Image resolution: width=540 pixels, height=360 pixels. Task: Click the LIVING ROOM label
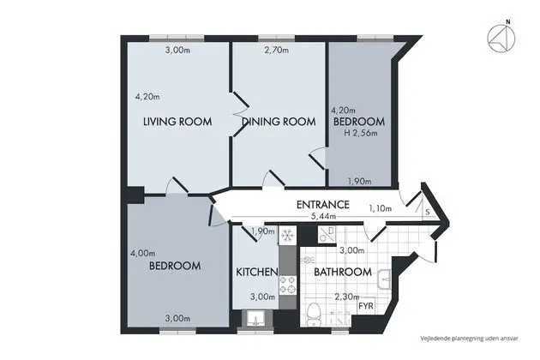[177, 122]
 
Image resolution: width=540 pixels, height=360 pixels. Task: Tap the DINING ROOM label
[279, 122]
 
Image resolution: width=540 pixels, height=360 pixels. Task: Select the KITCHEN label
[257, 273]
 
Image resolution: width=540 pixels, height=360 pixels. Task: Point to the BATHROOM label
[343, 273]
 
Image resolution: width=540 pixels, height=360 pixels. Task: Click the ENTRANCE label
[322, 205]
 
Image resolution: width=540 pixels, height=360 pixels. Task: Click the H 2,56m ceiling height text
[361, 133]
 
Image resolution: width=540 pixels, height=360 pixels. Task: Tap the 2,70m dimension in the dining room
[277, 51]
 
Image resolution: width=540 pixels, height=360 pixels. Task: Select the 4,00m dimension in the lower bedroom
[142, 254]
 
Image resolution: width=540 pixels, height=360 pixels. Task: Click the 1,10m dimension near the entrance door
[381, 208]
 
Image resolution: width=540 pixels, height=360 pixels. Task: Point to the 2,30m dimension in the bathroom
[347, 297]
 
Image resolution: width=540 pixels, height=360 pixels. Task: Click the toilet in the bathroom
[314, 314]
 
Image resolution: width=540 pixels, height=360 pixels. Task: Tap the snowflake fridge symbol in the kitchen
[287, 236]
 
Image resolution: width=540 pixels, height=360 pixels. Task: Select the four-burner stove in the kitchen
[287, 285]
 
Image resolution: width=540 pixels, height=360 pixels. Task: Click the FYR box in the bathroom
[366, 306]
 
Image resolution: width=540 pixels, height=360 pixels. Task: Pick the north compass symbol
[501, 37]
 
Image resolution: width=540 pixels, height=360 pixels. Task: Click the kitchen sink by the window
[257, 319]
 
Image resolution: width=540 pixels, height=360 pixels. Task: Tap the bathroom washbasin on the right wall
[385, 279]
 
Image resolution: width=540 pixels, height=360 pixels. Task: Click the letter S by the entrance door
[428, 212]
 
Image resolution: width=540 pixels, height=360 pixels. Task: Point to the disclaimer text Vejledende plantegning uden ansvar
[469, 339]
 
